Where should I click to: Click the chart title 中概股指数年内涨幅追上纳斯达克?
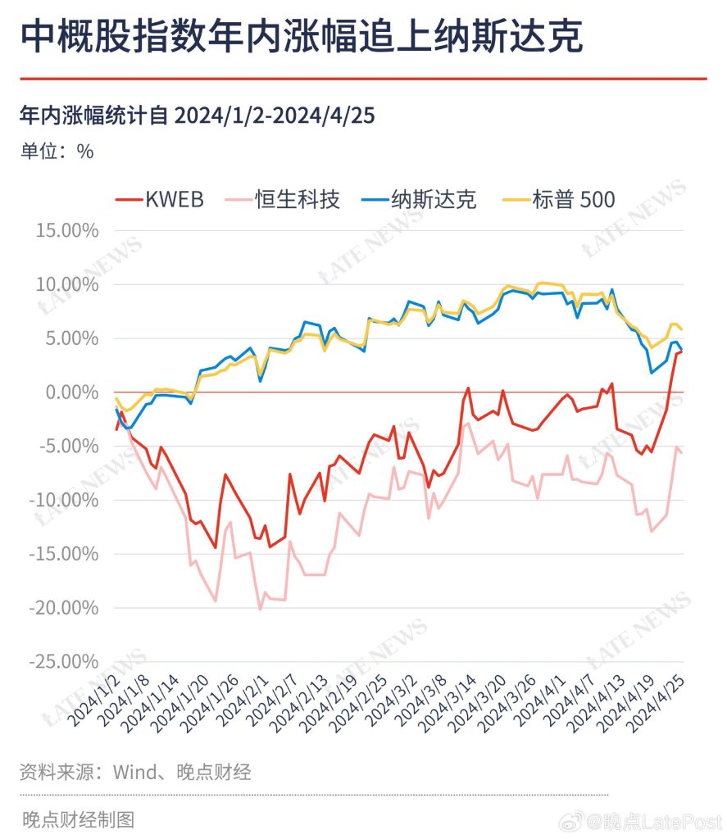point(301,37)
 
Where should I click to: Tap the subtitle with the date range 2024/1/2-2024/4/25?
point(197,116)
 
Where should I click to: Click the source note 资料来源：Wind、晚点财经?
point(135,772)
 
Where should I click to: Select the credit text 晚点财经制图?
point(77,819)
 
